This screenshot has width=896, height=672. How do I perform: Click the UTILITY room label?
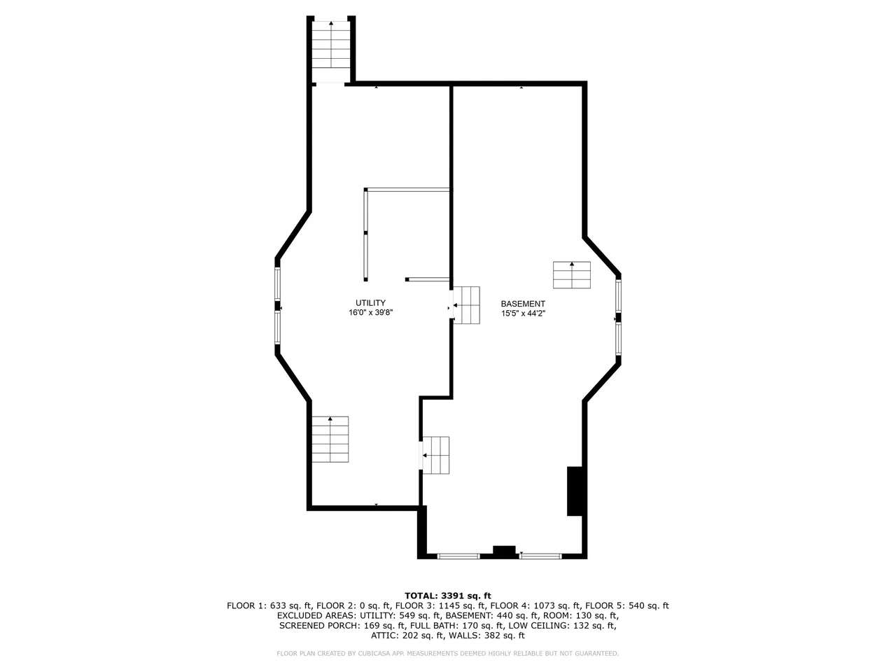pos(370,302)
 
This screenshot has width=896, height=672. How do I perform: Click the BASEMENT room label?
pos(523,304)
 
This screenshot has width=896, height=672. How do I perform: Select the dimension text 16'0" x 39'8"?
pos(370,312)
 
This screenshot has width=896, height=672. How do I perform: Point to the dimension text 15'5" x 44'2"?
pos(523,314)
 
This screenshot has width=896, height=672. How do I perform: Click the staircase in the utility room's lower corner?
pos(330,439)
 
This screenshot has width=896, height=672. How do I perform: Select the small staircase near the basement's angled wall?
pos(571,275)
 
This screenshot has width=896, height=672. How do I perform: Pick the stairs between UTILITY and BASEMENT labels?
pos(466,305)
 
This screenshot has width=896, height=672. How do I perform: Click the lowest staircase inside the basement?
pos(435,455)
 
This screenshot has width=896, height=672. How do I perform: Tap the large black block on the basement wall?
pos(575,491)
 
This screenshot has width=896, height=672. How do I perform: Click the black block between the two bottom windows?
pos(504,551)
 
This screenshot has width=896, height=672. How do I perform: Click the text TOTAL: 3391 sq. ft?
pos(448,596)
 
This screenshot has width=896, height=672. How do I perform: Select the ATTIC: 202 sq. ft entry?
pos(407,636)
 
